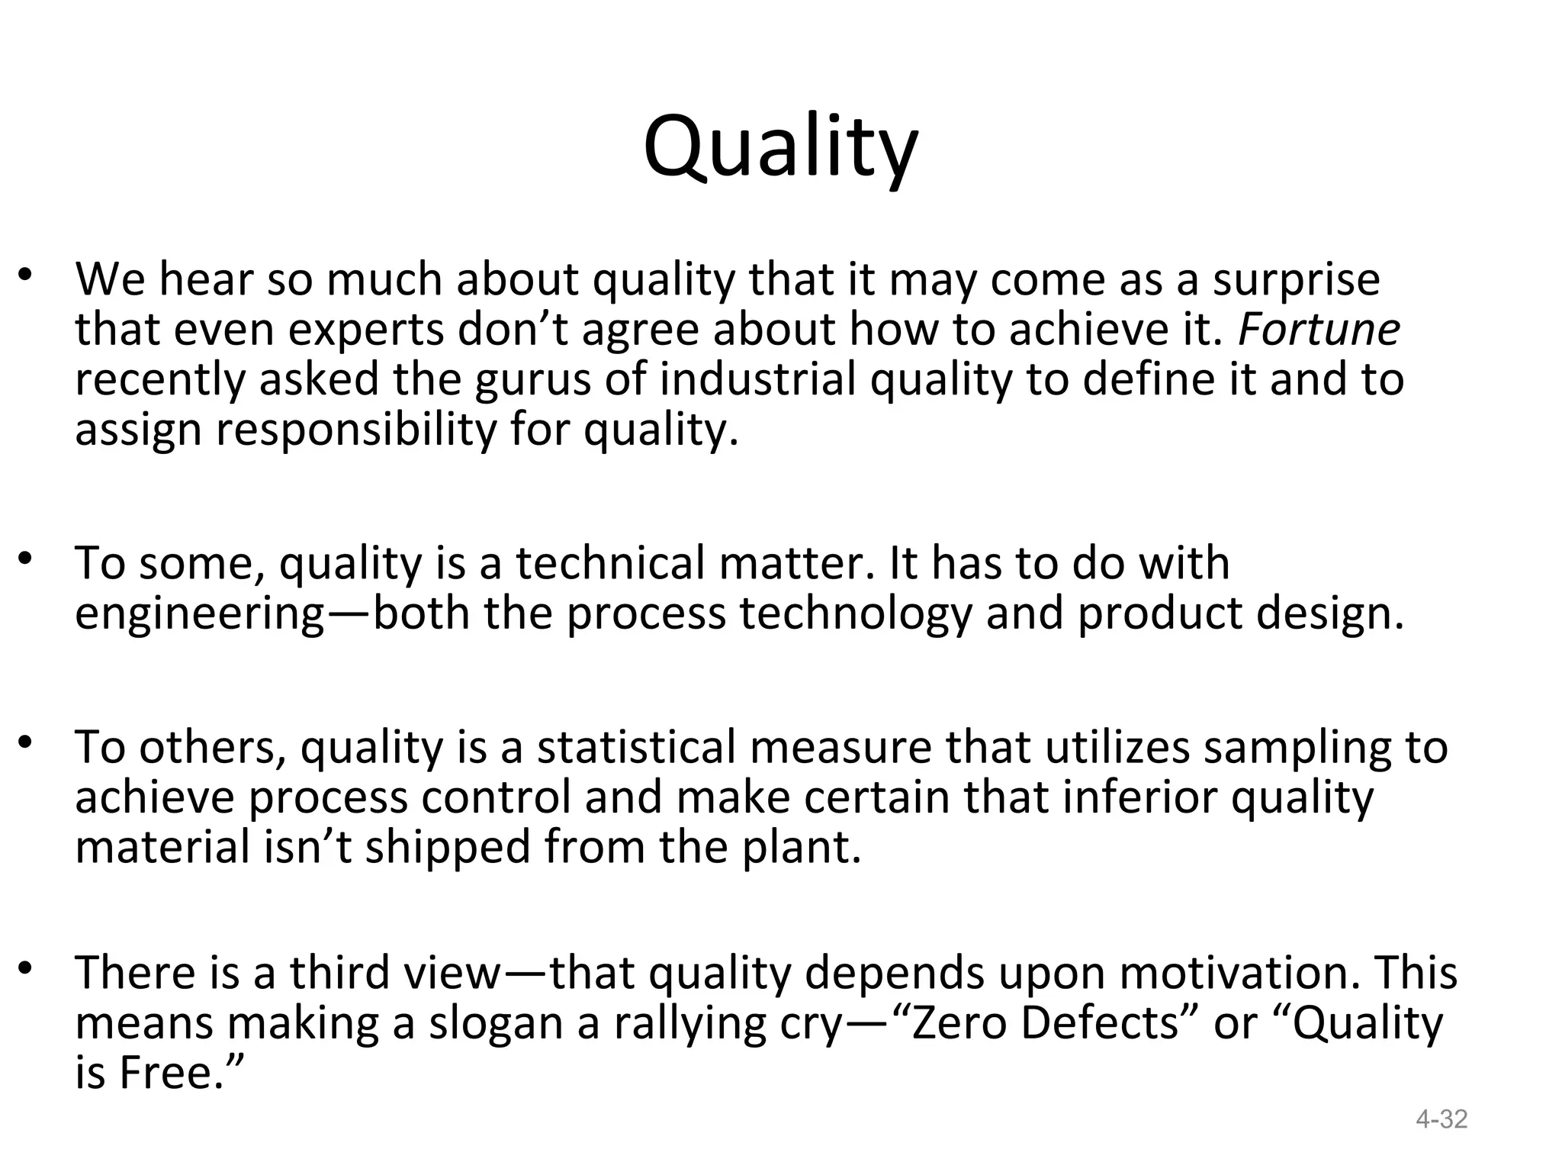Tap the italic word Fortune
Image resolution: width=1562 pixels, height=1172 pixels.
coord(1319,330)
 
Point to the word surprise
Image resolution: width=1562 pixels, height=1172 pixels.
coord(1297,280)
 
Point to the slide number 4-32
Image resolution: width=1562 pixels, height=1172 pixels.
coord(1441,1119)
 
